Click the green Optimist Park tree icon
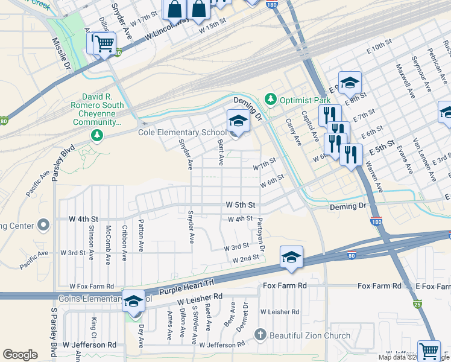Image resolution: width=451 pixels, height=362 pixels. [271, 98]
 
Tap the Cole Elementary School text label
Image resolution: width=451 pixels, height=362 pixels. [182, 133]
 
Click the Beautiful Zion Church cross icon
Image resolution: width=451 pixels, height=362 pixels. [260, 335]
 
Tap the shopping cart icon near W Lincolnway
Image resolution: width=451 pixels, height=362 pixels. [101, 43]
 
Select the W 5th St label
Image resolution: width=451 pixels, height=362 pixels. [241, 205]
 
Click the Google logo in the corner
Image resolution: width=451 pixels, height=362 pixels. [20, 355]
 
